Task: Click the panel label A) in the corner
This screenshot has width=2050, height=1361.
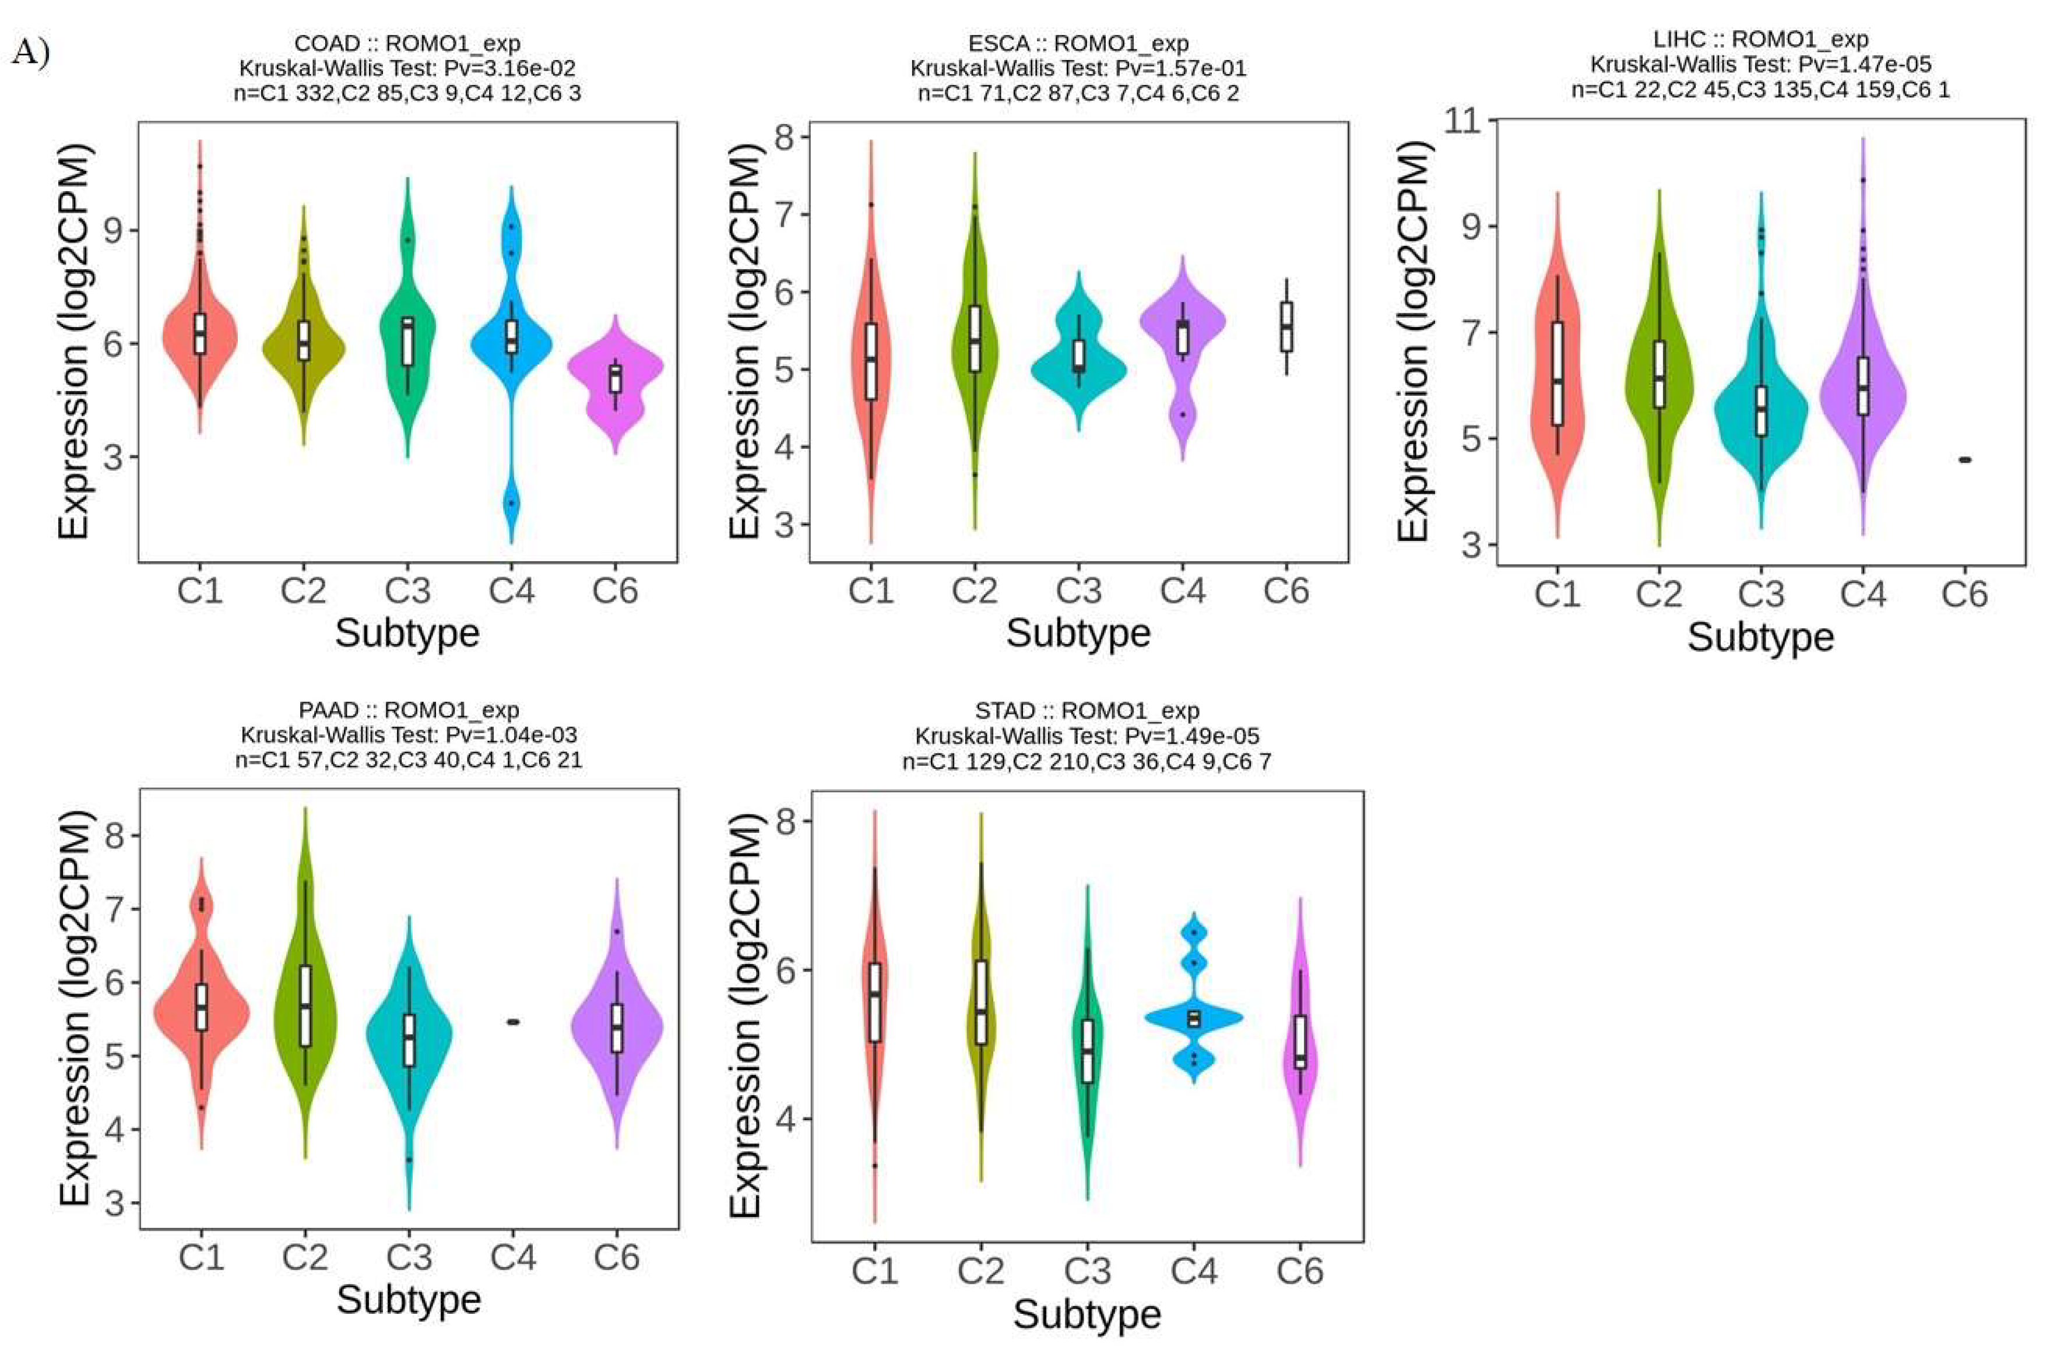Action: (30, 54)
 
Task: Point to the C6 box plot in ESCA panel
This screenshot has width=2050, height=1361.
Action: (1286, 327)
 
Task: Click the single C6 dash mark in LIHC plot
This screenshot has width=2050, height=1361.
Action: (1965, 460)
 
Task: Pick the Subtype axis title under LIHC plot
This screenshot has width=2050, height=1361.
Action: (1760, 637)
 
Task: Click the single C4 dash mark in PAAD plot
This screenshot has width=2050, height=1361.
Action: (512, 1022)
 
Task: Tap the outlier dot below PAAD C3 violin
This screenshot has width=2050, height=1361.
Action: (409, 1160)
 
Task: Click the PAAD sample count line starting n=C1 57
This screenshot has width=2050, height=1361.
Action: (408, 761)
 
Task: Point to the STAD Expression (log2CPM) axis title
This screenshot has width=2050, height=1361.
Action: (745, 1015)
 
